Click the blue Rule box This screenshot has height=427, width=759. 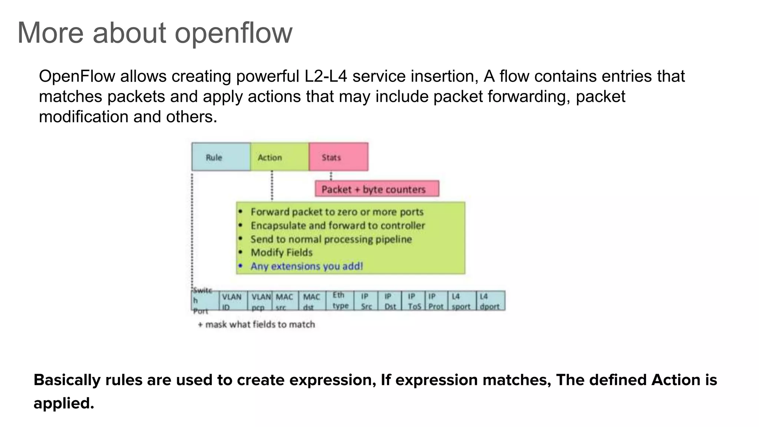tap(221, 157)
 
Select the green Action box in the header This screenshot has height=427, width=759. tap(279, 157)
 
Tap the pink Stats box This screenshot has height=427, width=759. tap(338, 157)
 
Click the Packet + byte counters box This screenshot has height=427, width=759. tap(377, 189)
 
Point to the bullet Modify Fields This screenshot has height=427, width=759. tap(281, 252)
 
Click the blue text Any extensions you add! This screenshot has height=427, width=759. tap(306, 266)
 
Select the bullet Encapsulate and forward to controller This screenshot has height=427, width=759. tap(337, 225)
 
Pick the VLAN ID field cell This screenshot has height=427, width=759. tap(233, 301)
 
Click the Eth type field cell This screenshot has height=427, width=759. tap(340, 300)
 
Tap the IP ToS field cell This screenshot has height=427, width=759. tap(413, 301)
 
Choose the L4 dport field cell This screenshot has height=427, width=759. tap(490, 301)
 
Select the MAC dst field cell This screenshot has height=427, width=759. tap(312, 301)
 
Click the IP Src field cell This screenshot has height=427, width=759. tap(366, 301)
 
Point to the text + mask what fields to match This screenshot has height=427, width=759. tap(256, 324)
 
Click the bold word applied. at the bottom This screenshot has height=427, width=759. tap(64, 403)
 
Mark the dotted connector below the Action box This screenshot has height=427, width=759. tap(272, 185)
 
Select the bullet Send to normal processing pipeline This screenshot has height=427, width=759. tap(331, 239)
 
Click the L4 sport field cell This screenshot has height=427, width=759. tap(461, 301)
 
